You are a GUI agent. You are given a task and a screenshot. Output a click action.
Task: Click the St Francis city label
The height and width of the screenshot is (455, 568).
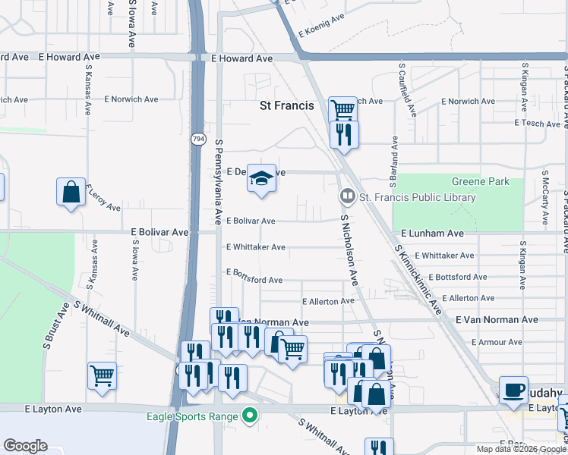[x=286, y=106]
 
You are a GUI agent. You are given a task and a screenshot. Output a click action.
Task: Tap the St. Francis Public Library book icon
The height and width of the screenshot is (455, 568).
[x=348, y=197]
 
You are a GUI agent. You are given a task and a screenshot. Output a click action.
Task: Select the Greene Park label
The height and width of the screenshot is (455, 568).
[x=481, y=182]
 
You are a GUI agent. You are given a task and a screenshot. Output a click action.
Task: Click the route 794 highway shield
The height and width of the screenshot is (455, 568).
[x=198, y=139]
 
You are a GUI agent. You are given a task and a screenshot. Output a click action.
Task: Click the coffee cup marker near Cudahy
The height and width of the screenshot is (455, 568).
[x=513, y=389]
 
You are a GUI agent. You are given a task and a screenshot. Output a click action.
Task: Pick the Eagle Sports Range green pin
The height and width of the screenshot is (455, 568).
[x=248, y=415]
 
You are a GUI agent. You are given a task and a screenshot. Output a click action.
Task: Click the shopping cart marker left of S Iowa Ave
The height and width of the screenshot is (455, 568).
[x=102, y=375]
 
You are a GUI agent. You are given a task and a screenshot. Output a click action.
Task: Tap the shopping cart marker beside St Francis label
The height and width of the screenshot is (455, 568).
[x=342, y=109]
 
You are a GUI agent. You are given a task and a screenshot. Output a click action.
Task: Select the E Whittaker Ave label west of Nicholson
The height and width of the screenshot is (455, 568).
[x=255, y=247]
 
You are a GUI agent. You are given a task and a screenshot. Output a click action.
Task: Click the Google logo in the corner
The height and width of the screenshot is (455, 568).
[x=25, y=446]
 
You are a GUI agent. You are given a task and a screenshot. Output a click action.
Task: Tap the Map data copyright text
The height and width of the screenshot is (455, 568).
[x=521, y=449]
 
